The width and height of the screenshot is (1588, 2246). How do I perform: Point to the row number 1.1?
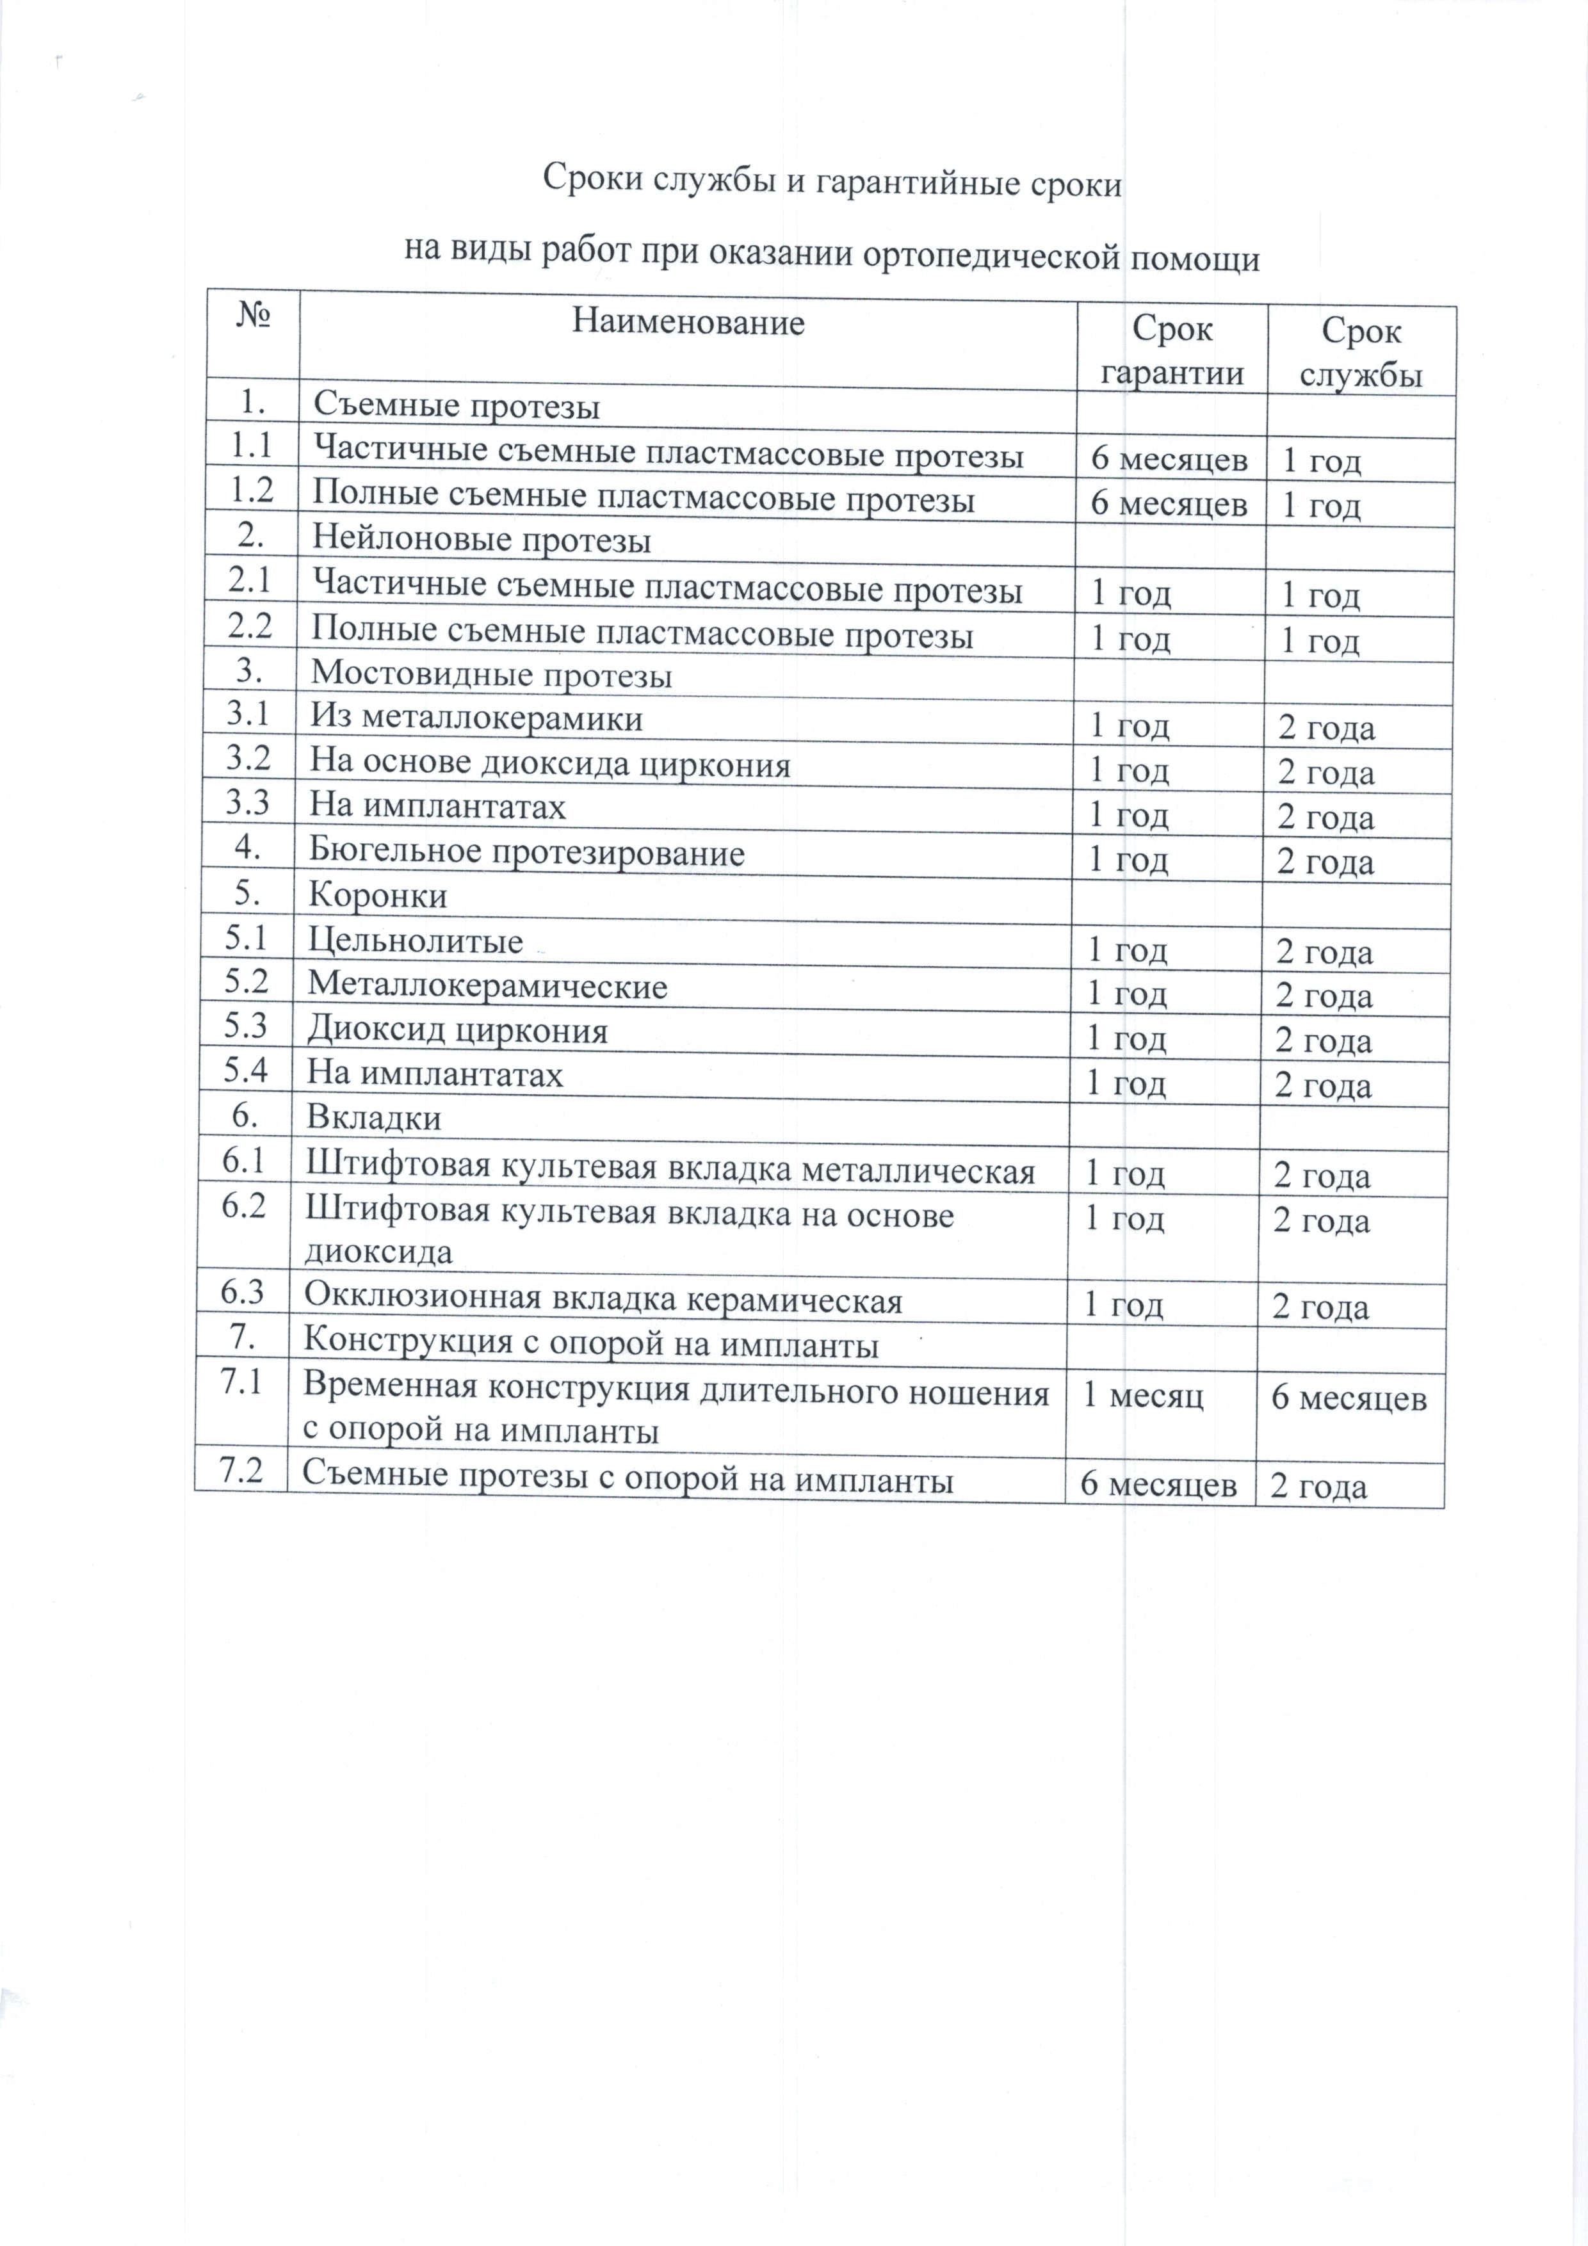point(250,446)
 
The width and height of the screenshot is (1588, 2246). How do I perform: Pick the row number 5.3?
point(246,1025)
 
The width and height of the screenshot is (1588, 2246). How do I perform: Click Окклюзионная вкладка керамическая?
point(603,1300)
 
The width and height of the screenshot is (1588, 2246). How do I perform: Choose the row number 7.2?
point(241,1472)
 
